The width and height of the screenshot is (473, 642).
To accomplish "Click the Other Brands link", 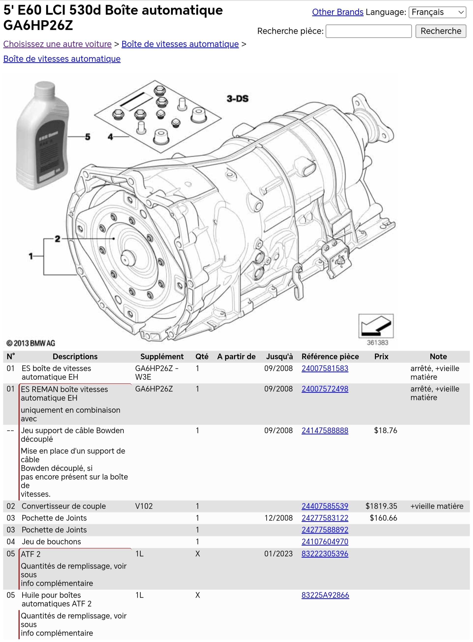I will tap(337, 12).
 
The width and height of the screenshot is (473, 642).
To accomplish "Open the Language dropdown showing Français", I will tap(437, 12).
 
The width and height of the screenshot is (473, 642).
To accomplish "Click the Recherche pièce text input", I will tap(369, 31).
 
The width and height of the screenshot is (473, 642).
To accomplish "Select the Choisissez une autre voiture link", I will tap(57, 44).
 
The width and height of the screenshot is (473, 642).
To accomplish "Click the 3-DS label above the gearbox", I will tap(237, 99).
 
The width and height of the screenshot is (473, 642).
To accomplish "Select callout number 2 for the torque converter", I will tap(58, 239).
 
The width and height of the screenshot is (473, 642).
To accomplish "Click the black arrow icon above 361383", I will tap(376, 326).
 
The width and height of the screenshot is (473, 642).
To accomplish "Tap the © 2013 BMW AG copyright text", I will tap(31, 343).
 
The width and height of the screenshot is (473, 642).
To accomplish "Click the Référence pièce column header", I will tap(330, 357).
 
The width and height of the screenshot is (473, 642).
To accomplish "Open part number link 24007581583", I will tap(325, 368).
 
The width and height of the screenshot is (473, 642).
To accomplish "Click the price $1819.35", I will tap(381, 506).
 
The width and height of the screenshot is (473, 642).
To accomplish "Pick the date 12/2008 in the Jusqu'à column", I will tap(278, 518).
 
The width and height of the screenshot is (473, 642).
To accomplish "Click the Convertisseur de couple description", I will tap(64, 506).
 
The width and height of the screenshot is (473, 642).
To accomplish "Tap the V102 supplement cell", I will tap(144, 506).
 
